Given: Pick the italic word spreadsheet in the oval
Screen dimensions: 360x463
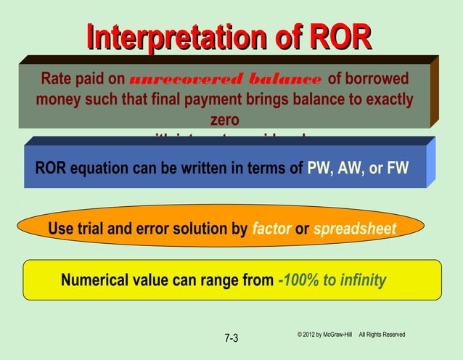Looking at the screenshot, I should click(355, 230).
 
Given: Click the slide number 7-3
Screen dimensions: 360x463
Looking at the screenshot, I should click(231, 338).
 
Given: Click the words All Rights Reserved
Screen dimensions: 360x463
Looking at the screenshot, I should click(382, 335).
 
